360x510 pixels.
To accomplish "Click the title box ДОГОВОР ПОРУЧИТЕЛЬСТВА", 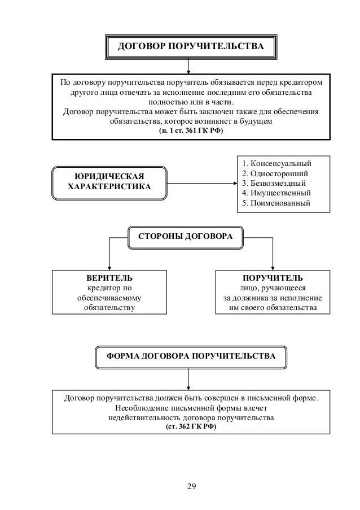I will click(190, 46).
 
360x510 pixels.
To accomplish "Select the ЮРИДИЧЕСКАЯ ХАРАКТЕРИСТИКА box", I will click(109, 182).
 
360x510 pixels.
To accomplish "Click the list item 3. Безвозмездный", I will click(274, 184).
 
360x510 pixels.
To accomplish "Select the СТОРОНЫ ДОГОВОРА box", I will click(185, 237).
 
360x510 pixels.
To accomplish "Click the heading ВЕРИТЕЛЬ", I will click(110, 278).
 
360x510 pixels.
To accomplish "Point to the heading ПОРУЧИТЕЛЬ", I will click(273, 278).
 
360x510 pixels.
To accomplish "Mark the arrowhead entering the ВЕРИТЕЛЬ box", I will click(109, 268).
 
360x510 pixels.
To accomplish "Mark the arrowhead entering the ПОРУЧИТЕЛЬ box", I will click(273, 268).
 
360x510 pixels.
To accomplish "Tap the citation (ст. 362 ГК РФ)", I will click(191, 427).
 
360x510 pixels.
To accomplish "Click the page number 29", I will click(191, 486).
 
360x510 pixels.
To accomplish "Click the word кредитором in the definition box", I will click(304, 82).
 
